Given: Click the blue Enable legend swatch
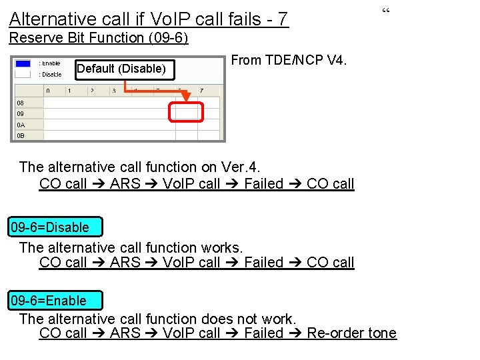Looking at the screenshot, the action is coord(23,63).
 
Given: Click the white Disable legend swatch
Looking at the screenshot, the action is coord(23,74).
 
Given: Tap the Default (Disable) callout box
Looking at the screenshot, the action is coord(121,69).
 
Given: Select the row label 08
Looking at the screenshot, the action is coord(21,103).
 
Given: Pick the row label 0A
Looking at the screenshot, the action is coord(21,125).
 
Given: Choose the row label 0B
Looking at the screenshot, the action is coord(21,135).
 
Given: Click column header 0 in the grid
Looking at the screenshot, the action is coord(48,90).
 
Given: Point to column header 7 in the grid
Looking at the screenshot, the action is coord(201,90).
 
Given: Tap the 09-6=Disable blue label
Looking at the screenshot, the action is coord(50,227).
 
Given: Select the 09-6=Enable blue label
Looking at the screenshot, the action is coord(49,301).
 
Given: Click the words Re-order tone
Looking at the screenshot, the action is coord(351,333).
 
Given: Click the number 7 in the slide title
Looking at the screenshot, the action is coord(283,19).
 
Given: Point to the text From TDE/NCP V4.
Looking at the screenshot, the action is coord(289,60).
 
